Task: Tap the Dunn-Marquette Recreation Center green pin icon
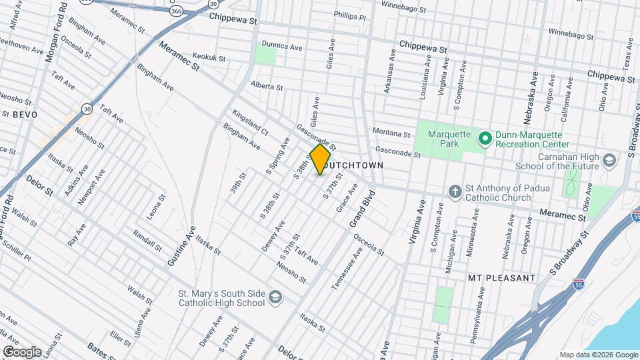[485, 139]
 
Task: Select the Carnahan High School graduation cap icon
[609, 161]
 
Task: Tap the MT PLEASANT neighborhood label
[501, 277]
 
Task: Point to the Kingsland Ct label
[250, 121]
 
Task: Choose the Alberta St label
[267, 87]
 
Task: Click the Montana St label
[391, 134]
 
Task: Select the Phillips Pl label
[350, 15]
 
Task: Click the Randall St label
[147, 241]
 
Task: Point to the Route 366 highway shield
[176, 11]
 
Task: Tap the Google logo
[22, 351]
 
